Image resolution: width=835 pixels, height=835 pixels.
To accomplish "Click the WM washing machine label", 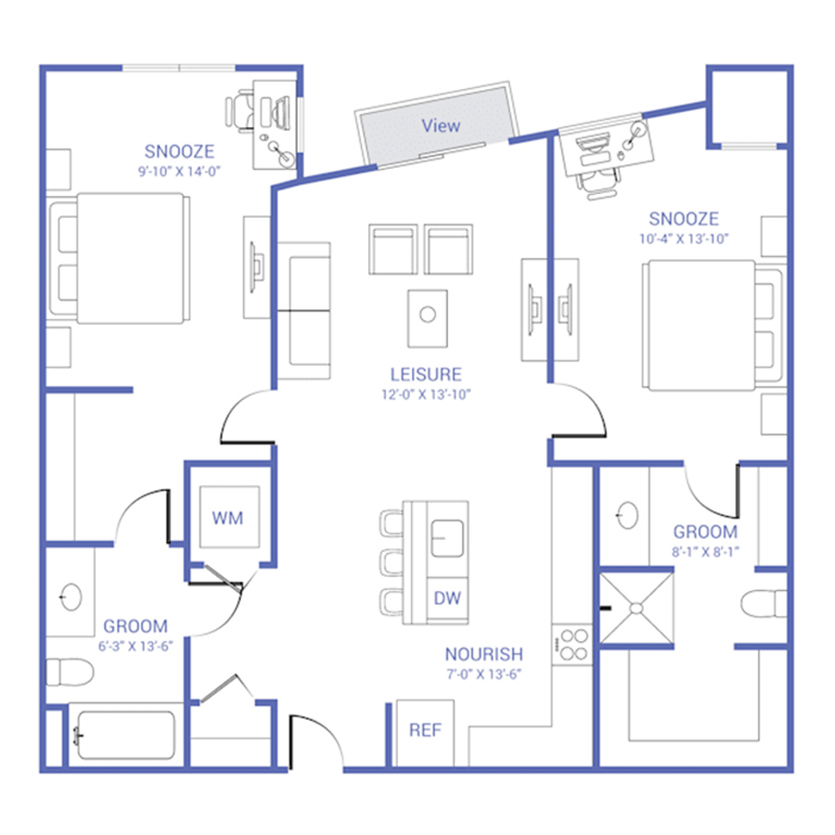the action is point(227,518).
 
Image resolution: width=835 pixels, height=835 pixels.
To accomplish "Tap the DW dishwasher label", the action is point(447,598).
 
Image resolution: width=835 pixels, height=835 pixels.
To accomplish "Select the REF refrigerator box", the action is point(425,733).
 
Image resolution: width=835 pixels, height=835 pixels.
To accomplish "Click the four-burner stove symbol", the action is point(572,645).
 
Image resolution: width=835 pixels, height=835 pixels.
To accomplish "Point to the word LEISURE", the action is point(426,375).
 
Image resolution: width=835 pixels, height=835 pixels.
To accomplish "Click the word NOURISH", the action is point(484,654).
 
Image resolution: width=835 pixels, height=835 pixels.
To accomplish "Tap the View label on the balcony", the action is point(441,125).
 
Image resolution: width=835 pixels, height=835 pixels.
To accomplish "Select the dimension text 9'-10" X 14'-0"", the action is point(179,172).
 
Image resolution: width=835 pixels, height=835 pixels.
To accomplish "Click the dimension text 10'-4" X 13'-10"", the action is point(684,238).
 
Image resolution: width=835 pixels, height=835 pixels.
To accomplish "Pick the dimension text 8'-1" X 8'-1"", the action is point(706,552).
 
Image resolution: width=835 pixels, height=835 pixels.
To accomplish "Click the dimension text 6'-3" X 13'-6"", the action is point(135,646).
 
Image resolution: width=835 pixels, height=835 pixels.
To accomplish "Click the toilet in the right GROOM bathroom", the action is point(764,604).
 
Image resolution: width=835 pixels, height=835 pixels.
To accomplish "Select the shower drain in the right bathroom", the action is point(636,608).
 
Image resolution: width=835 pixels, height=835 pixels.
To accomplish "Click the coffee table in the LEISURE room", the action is point(428,318).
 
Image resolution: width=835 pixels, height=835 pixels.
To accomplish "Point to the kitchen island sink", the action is point(447,538).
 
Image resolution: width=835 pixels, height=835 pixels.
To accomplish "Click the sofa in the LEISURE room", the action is point(304,311).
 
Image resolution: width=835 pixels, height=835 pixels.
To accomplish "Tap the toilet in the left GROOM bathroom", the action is point(70,672).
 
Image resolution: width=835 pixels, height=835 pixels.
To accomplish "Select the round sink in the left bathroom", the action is point(71,597).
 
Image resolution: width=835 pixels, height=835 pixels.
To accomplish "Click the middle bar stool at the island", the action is point(392,562).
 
